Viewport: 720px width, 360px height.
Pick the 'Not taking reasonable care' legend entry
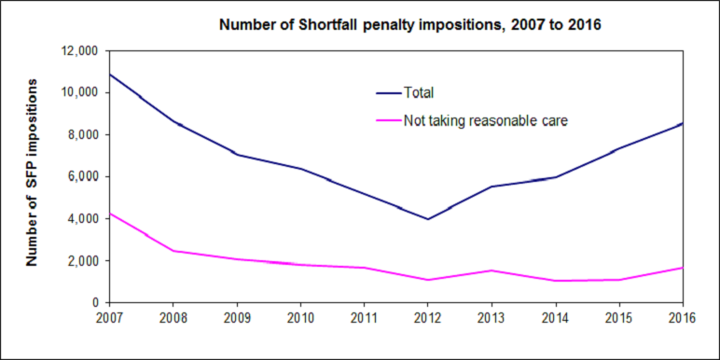(485, 119)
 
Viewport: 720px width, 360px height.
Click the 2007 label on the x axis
(109, 319)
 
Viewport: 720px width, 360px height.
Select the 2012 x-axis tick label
(427, 319)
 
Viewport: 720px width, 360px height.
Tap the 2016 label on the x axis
(681, 319)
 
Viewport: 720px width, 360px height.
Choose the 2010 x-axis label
(300, 319)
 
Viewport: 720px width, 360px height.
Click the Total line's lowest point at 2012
(427, 219)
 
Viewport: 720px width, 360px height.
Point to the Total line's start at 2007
(110, 75)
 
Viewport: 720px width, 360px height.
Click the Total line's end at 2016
(681, 124)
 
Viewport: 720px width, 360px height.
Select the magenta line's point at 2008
(173, 251)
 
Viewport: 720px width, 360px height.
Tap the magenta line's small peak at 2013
(491, 270)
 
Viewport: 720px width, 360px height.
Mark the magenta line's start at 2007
(110, 214)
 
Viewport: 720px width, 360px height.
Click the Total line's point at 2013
(491, 187)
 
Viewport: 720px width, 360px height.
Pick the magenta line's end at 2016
(681, 268)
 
